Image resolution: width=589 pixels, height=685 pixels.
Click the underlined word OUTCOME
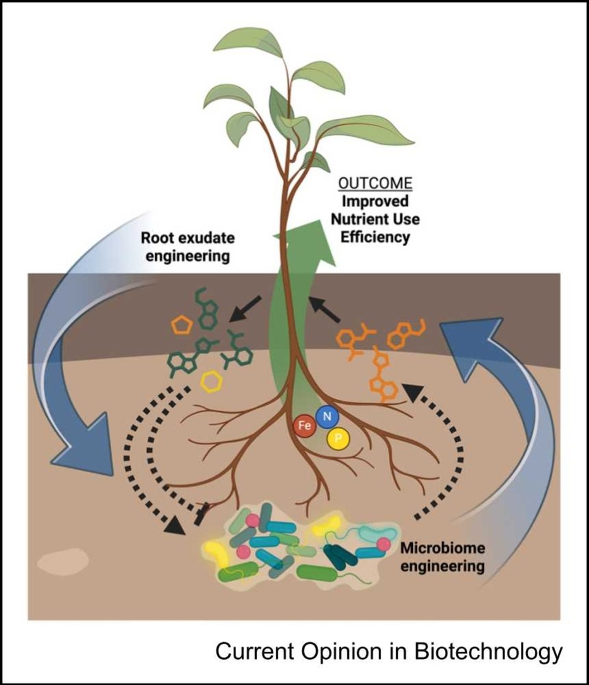point(375,184)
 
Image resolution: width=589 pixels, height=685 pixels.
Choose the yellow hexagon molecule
point(211,383)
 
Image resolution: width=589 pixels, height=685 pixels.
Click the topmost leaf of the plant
point(247,44)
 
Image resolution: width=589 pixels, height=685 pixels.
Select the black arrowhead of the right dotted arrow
point(410,392)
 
